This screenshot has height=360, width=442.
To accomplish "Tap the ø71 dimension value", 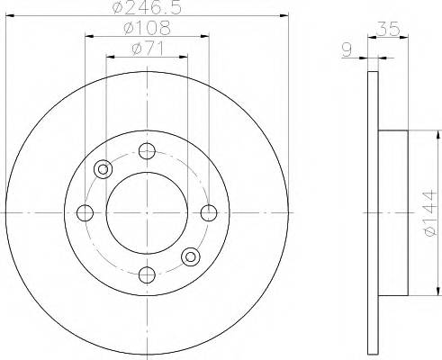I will point(148,48).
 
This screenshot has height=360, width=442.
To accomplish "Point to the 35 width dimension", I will point(390,30).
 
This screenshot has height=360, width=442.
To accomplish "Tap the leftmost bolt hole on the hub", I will point(86,212).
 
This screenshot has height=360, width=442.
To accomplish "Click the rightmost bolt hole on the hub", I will point(210,212).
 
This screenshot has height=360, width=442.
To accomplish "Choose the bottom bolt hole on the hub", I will point(148,274).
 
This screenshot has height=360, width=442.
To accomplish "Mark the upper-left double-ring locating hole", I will point(104,168).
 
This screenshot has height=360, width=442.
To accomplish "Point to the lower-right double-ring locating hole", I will point(191,257).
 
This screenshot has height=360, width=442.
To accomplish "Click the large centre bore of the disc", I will point(148,212).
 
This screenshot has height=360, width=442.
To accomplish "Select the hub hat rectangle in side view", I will point(394,212).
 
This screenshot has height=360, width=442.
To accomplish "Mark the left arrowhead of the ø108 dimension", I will point(88,36).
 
